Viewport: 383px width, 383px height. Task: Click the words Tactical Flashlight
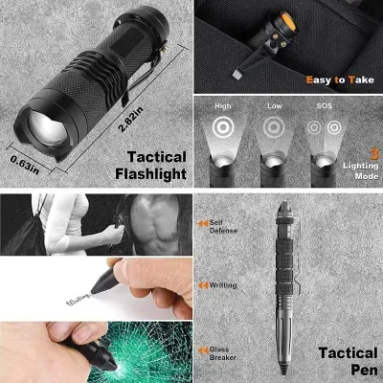click(x=145, y=165)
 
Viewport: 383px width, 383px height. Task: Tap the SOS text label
click(x=322, y=106)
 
